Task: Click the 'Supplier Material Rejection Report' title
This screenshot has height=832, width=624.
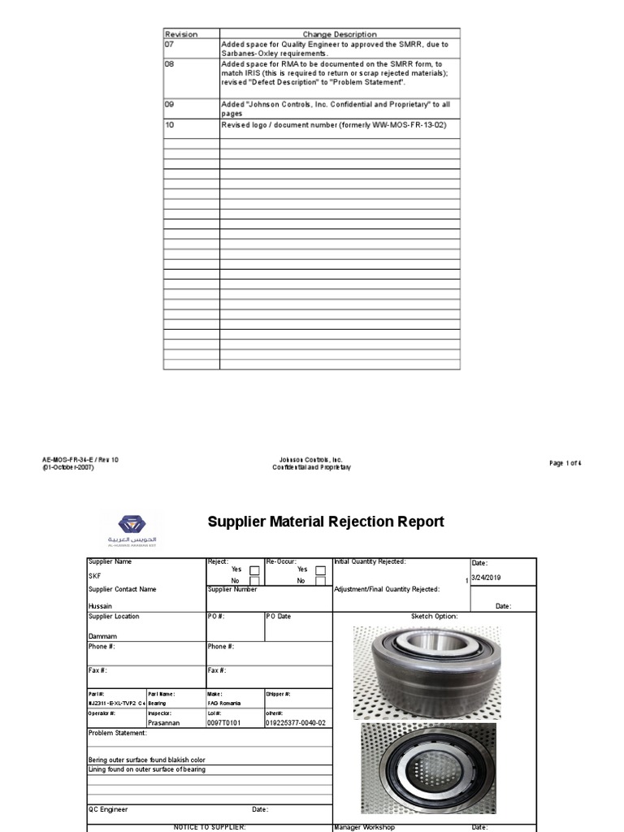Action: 326,522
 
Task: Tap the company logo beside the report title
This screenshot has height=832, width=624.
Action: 131,529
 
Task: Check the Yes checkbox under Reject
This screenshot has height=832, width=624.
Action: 254,570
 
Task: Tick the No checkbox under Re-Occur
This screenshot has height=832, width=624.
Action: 320,581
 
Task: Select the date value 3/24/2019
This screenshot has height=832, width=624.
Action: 487,577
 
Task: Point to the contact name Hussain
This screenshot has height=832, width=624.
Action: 101,606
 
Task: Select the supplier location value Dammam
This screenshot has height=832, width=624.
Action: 102,636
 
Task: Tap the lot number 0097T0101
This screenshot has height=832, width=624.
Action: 225,722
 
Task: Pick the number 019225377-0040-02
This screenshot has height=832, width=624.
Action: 295,722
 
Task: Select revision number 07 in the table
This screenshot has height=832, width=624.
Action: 171,44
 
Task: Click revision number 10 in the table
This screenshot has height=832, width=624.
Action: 170,125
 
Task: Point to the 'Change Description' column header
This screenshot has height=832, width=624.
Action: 340,34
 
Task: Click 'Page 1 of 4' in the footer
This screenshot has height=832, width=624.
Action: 565,463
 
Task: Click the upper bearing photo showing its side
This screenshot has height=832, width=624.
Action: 426,671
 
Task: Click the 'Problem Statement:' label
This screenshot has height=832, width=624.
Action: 118,733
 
